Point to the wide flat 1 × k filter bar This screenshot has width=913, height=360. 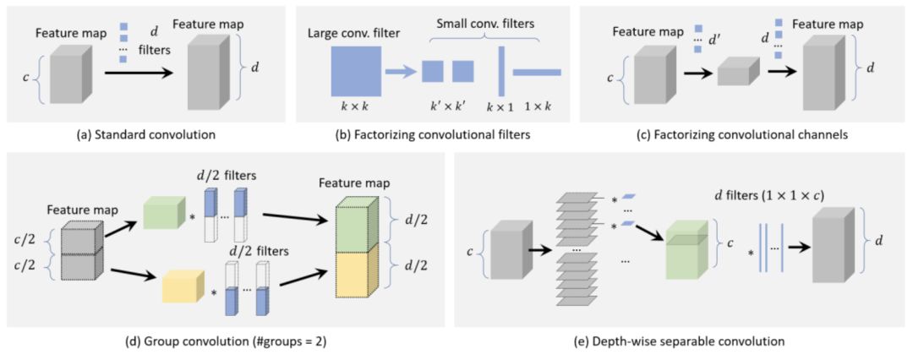(537, 72)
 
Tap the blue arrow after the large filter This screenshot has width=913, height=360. (401, 71)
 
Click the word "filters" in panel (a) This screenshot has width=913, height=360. (151, 50)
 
